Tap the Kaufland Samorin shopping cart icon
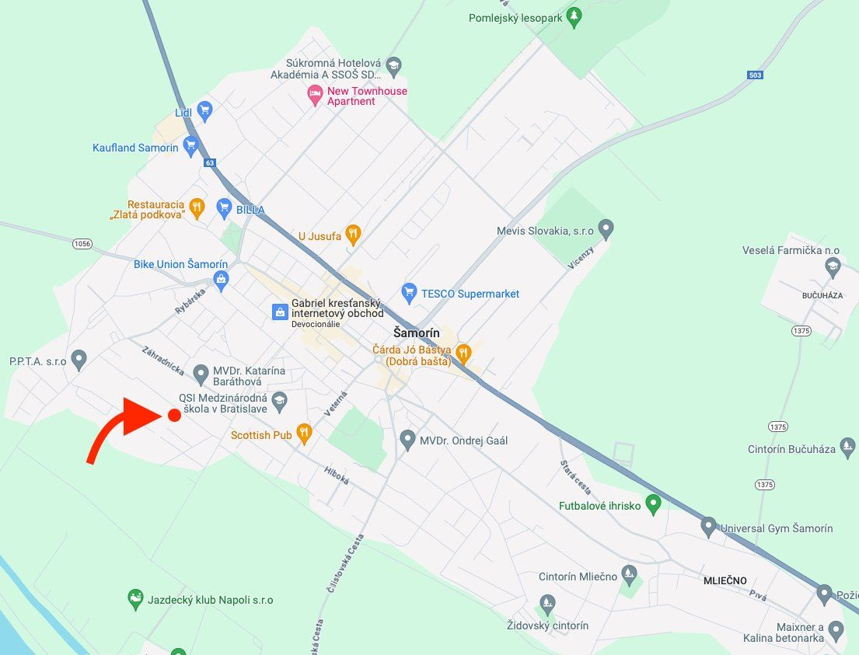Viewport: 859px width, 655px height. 190,147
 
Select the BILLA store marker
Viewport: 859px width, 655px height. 225,208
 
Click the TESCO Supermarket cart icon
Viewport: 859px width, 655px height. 409,293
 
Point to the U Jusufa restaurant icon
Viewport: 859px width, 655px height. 353,234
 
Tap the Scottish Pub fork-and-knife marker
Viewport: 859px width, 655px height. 304,434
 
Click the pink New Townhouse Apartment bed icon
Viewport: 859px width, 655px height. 315,96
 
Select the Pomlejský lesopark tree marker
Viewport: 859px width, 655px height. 574,16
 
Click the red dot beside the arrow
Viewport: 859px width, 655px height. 174,416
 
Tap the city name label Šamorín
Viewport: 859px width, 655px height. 417,333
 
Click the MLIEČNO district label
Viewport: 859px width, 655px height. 725,580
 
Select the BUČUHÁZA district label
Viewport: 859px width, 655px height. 822,296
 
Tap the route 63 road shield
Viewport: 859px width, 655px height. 210,163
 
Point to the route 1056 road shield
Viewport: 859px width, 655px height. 82,244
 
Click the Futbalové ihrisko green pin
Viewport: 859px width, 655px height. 654,505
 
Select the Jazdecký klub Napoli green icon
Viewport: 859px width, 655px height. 135,599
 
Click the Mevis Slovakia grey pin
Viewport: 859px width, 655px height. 606,230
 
